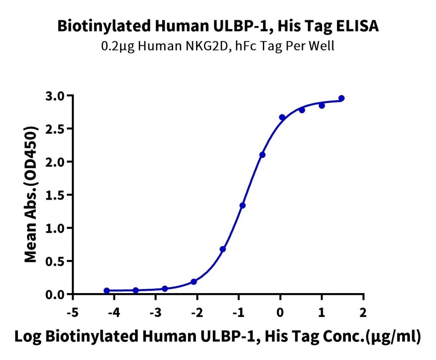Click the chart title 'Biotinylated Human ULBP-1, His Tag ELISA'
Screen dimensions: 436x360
tap(218, 26)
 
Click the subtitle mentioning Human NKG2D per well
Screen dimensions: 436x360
tap(218, 46)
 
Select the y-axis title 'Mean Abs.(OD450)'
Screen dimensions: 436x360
tap(31, 194)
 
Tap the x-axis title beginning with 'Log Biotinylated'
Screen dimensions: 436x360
tap(218, 336)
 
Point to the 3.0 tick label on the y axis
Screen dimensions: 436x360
tap(55, 96)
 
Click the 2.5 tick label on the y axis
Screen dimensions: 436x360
tap(55, 129)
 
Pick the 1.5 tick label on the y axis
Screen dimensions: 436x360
tap(55, 195)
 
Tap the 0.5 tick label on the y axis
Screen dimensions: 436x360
tap(55, 261)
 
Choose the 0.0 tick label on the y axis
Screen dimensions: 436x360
tap(55, 295)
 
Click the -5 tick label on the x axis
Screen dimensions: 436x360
tap(73, 313)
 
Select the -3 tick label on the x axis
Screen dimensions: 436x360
tap(156, 313)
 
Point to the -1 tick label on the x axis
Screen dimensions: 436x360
tap(239, 313)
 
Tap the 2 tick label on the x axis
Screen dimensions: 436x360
tap(363, 313)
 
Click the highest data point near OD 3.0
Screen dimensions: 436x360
tap(342, 98)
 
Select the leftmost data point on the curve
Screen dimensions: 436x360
tap(107, 291)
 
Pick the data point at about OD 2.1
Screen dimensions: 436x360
tap(262, 155)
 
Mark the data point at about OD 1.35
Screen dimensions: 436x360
tap(243, 205)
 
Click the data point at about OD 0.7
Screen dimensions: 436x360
tap(223, 249)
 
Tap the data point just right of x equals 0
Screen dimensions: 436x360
tap(282, 117)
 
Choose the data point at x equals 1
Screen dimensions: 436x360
tap(322, 105)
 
